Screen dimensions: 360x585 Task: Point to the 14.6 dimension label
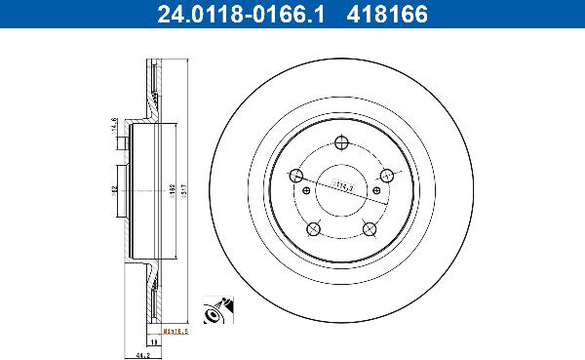click(114, 126)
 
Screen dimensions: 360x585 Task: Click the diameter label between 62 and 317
click(172, 189)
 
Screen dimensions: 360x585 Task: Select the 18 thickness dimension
click(154, 342)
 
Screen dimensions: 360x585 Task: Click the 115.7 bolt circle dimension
click(343, 184)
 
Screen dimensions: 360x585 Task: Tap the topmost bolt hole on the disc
click(341, 143)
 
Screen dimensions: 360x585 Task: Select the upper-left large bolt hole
click(295, 177)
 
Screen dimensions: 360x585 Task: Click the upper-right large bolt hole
click(386, 176)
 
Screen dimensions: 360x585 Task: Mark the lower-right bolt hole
click(370, 228)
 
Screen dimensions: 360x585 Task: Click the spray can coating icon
click(215, 309)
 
